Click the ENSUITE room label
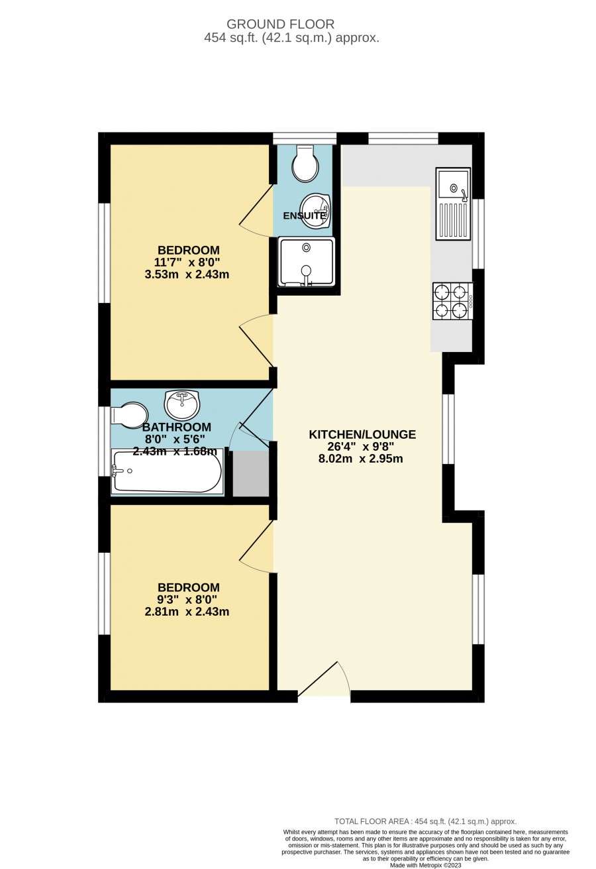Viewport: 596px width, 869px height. coord(304,215)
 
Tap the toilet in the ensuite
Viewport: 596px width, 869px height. coord(306,163)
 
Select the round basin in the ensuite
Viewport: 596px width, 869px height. coord(315,210)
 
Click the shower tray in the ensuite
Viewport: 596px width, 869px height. coord(307,262)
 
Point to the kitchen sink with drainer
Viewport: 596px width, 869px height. coord(453,203)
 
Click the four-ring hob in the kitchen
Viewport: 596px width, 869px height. coord(453,301)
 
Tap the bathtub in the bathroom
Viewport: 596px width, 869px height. coord(168,472)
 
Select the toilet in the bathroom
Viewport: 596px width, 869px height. coord(129,416)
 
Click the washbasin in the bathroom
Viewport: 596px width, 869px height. coord(181,404)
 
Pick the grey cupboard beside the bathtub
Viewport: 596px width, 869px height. coord(251,473)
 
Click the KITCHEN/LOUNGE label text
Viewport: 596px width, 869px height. coord(362,435)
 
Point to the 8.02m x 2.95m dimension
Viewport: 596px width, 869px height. coord(361,459)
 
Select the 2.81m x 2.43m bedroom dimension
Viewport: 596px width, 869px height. coord(187,612)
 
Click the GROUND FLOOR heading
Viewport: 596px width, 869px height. coord(280,25)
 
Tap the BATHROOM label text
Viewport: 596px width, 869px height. coord(177,427)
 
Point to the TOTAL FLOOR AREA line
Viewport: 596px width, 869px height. coord(426,821)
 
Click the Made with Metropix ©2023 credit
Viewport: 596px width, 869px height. coord(426,865)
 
